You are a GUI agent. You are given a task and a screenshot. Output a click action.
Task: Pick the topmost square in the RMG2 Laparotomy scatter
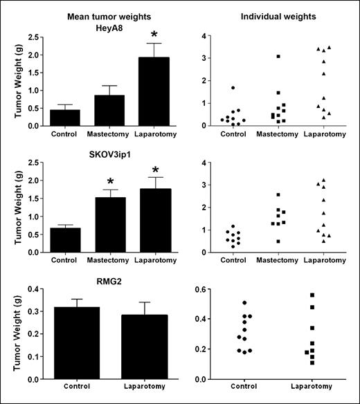(312, 295)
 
